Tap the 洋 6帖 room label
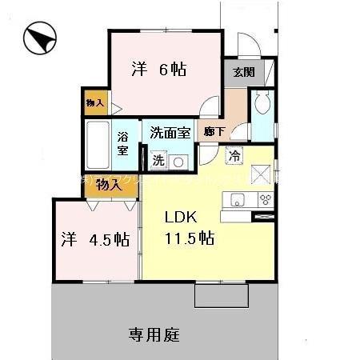pos(159,70)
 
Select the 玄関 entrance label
pos(244,71)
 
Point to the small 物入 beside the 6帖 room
pos(95,102)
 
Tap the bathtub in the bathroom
pos(98,146)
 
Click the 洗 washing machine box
pos(158,159)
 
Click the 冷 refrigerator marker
pos(235,157)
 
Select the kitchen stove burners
pos(263,199)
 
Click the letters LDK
pos(180,216)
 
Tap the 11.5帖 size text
pos(190,237)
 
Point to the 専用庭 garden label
pos(154,334)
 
